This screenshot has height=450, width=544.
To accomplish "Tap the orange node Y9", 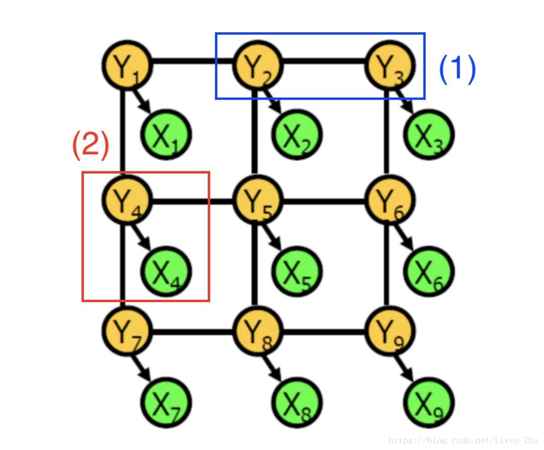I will pos(390,331).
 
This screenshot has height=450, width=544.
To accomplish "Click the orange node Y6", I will pos(390,200).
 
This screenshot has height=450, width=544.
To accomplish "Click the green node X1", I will pos(166,135).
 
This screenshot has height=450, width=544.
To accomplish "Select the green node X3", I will pos(429,135).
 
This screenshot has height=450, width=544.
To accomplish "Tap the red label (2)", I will pos(91,145).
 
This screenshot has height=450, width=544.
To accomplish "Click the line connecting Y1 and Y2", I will pos(193,62).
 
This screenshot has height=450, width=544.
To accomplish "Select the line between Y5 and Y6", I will pos(324,201).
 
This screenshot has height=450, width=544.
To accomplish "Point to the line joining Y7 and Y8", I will pos(193,331).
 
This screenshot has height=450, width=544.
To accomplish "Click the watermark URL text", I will pos(463,440).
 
